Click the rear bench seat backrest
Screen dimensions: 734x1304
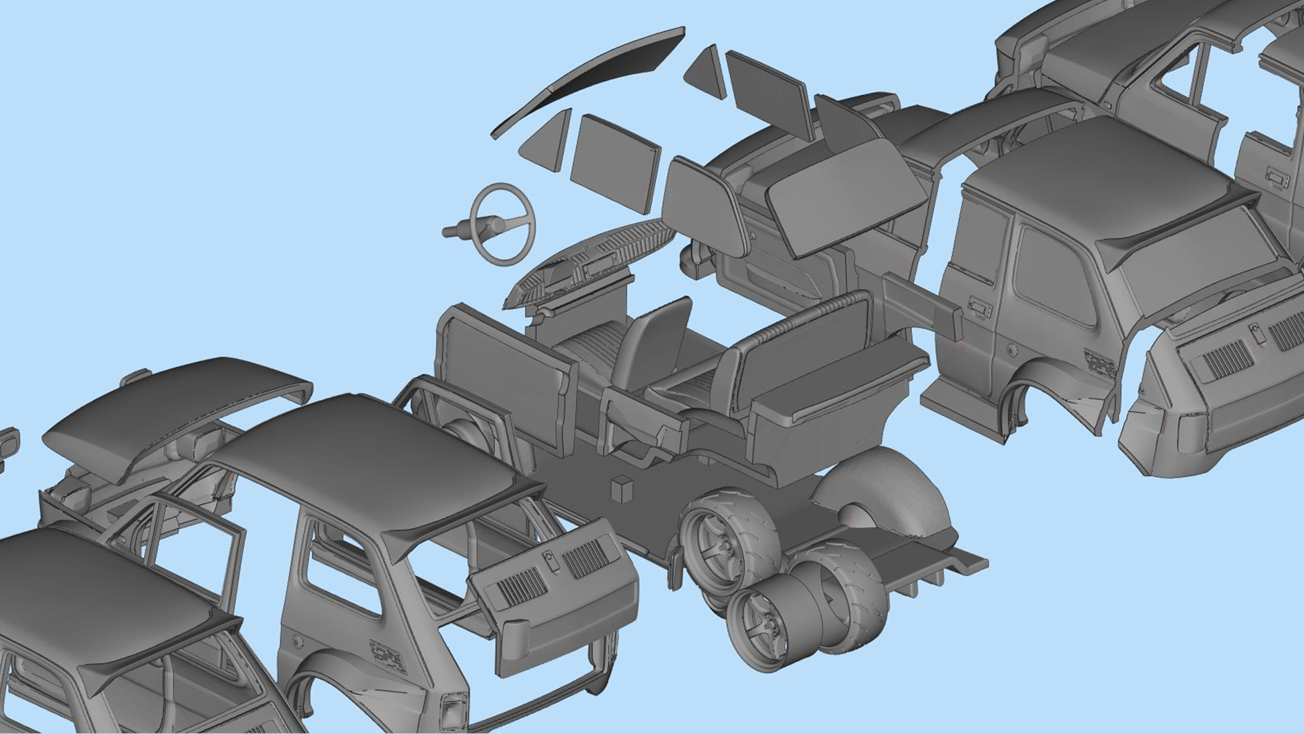point(805,334)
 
